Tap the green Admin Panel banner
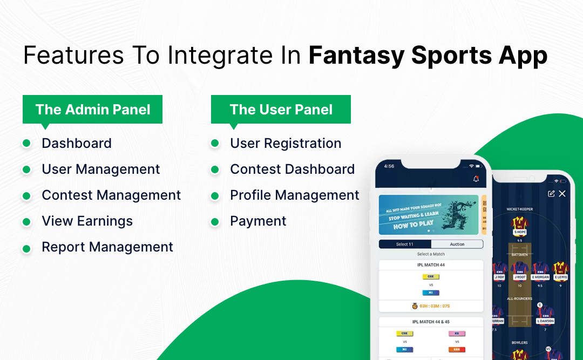[x=92, y=110]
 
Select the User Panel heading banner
[x=281, y=110]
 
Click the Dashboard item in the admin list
[x=77, y=144]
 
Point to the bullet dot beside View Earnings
[x=26, y=221]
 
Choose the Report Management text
[x=107, y=247]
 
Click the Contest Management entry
[x=111, y=195]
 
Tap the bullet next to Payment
[x=215, y=221]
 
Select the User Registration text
[x=286, y=144]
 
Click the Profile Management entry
[x=295, y=195]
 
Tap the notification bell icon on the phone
[x=476, y=179]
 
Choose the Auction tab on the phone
[x=457, y=244]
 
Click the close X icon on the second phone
[x=562, y=194]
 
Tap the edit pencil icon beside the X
[x=551, y=194]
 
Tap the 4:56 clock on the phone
[x=389, y=166]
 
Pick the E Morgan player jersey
[x=540, y=268]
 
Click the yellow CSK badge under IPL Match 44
[x=431, y=276]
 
